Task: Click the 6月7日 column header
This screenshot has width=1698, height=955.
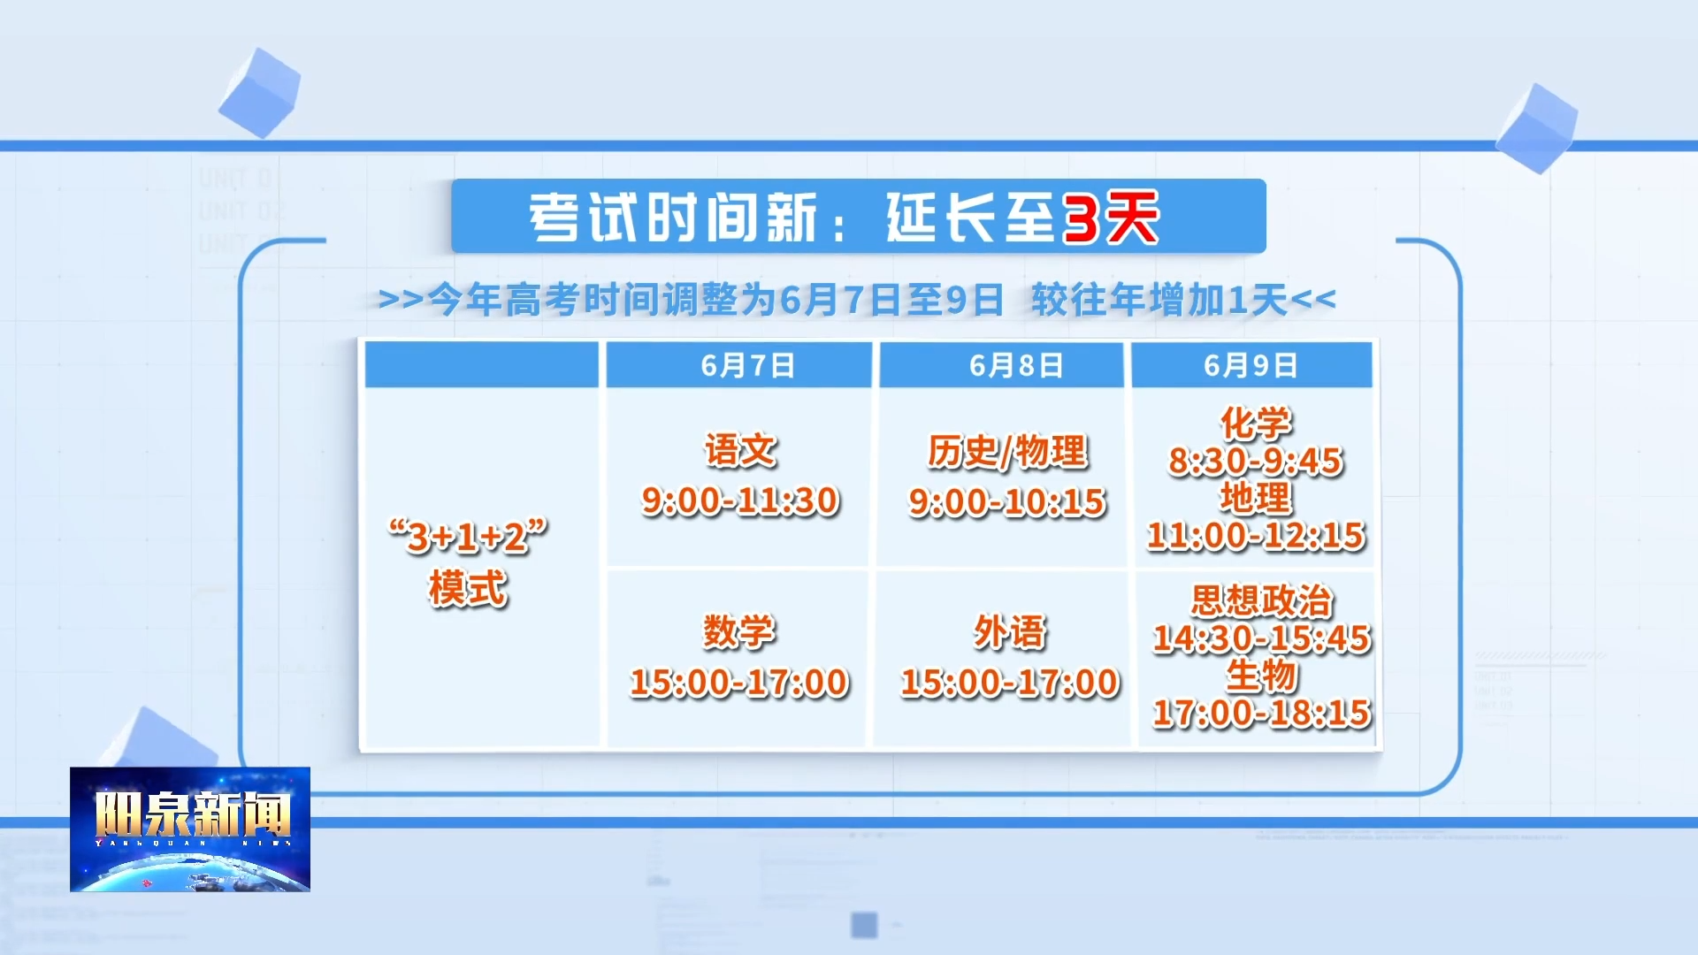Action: [747, 365]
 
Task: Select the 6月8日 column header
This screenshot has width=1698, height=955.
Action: [1016, 365]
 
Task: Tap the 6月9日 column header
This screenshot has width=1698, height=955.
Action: [1251, 365]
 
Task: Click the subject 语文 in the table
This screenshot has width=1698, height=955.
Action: [740, 450]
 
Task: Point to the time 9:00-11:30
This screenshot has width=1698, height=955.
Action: [740, 501]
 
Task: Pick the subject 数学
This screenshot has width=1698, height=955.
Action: [739, 631]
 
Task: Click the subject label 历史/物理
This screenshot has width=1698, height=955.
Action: [1007, 451]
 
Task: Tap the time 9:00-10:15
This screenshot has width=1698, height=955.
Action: [1007, 502]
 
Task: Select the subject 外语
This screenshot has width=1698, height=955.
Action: [1010, 632]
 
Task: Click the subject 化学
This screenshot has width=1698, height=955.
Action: [1256, 423]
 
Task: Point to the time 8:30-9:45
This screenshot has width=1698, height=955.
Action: [1256, 461]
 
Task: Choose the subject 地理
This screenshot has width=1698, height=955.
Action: [1256, 498]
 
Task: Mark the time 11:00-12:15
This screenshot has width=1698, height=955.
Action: [1256, 535]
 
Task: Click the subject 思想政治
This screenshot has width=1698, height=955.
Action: [1262, 600]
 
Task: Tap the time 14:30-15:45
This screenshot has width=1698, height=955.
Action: [1262, 638]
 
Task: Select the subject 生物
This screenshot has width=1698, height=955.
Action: [1262, 676]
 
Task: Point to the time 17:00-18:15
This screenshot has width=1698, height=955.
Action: [1262, 713]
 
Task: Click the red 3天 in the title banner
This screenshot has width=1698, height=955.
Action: [1111, 218]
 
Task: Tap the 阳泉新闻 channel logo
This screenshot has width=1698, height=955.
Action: [190, 829]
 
